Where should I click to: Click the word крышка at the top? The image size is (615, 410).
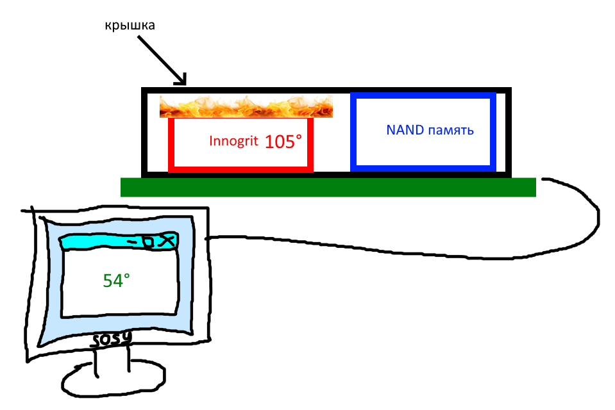130,26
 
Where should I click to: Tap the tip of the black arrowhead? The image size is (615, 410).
185,85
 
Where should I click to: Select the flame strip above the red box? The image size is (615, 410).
246,106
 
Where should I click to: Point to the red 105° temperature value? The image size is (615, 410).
283,142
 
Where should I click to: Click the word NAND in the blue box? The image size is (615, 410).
405,130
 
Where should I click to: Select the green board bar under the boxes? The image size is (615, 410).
328,186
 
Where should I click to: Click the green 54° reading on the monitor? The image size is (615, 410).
116,280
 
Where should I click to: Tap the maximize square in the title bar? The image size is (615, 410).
149,242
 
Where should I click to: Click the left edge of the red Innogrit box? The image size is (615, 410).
171,145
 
